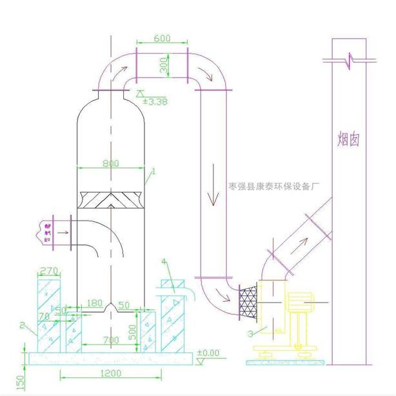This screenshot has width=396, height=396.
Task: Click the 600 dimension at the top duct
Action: coord(163,39)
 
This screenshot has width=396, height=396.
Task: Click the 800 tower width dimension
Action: coord(111,164)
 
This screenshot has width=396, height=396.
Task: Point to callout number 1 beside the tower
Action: coord(153,172)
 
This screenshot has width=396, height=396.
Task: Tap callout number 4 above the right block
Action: coord(165,262)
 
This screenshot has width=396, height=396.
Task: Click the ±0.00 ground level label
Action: coord(208,353)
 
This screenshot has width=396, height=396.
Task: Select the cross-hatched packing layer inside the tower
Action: coord(110,200)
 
